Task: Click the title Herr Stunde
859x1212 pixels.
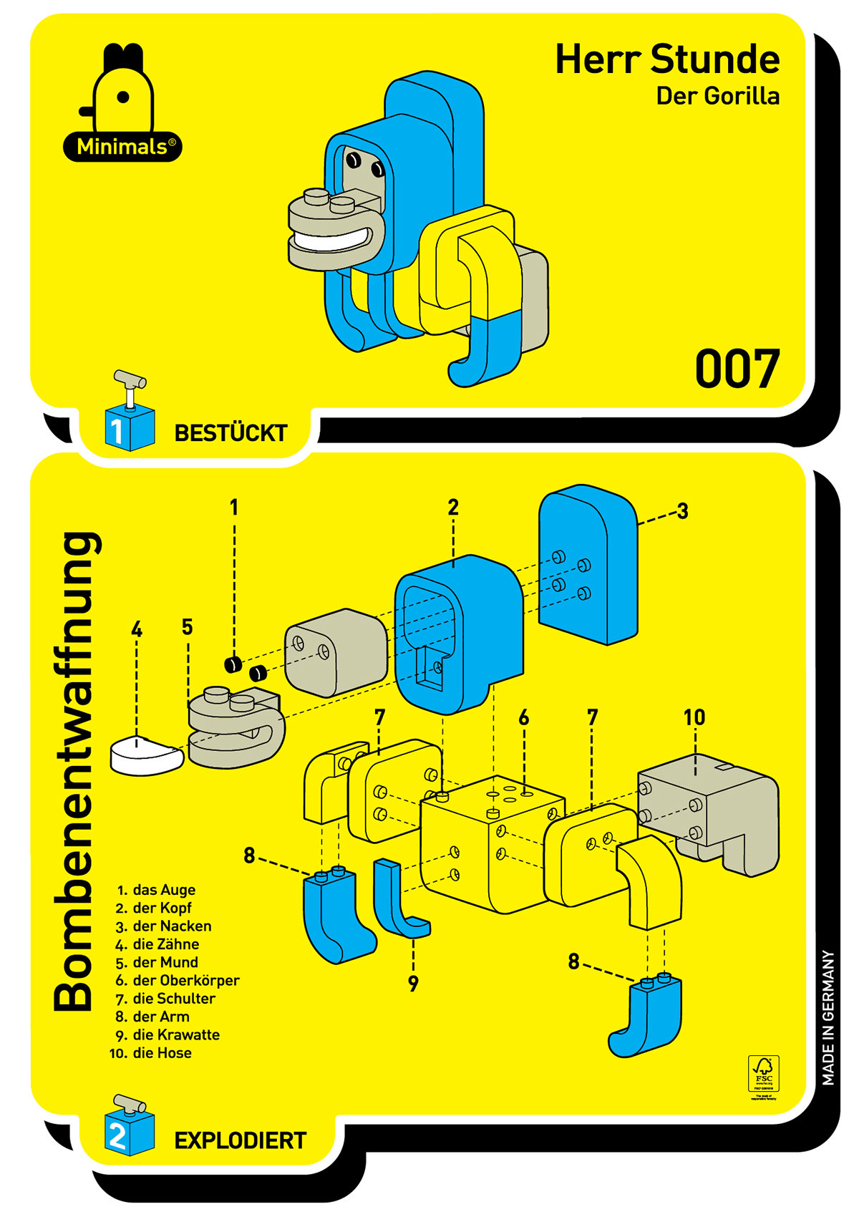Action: click(x=667, y=59)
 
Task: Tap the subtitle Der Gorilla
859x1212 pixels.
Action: click(x=717, y=97)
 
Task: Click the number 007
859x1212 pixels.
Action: click(x=737, y=369)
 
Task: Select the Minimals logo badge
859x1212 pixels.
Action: click(x=123, y=147)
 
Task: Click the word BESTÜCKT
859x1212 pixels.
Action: click(x=230, y=433)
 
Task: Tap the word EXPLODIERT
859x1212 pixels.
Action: click(x=240, y=1140)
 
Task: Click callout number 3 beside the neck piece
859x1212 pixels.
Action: click(x=682, y=511)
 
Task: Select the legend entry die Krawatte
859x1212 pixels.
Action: click(x=175, y=1034)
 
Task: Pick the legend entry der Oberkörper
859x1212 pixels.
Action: click(x=185, y=980)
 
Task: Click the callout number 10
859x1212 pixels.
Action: click(x=694, y=717)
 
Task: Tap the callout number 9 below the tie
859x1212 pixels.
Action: click(x=413, y=984)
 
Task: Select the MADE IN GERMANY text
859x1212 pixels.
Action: click(x=828, y=1017)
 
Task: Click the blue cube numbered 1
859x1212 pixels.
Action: click(x=129, y=428)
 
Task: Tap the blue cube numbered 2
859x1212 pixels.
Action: click(x=129, y=1133)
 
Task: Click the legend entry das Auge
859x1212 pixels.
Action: click(x=163, y=890)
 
